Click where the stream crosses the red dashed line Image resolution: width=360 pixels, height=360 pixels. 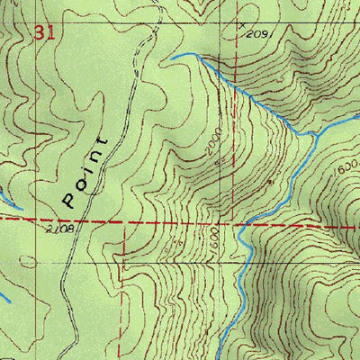point(243,224)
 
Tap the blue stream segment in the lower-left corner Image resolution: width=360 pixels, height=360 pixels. point(4,296)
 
